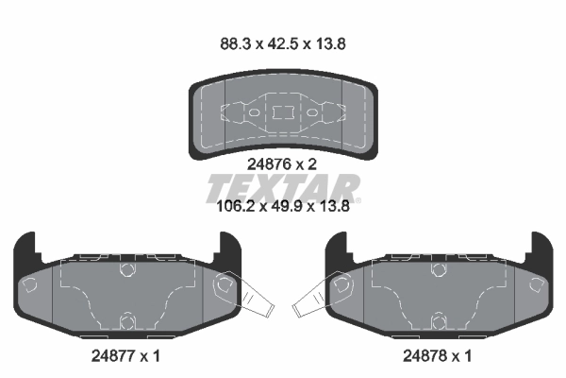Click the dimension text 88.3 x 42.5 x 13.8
283,44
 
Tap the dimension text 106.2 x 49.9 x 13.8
283,207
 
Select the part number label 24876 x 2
281,164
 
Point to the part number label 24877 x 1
125,356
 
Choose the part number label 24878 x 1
437,356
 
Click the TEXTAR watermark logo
283,188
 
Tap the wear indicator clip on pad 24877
249,295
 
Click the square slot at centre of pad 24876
283,112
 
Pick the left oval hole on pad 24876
254,112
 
